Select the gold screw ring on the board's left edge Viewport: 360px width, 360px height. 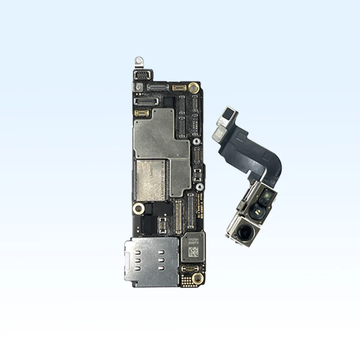[x=139, y=208]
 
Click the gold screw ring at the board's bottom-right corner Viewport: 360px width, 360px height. [x=194, y=279]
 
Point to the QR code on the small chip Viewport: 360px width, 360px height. [x=192, y=252]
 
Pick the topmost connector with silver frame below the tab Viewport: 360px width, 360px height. [x=143, y=76]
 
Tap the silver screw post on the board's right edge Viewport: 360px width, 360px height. [x=197, y=142]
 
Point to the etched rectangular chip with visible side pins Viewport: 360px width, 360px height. [x=151, y=180]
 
